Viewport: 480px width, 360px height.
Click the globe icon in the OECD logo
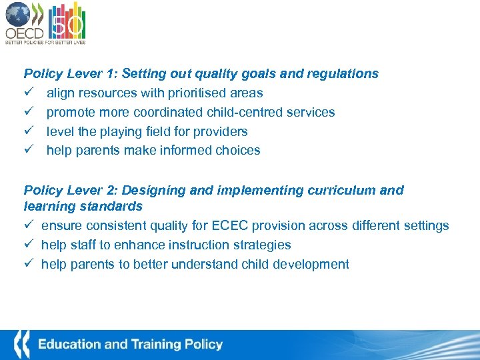(18, 15)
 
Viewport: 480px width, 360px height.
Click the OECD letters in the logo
(23, 33)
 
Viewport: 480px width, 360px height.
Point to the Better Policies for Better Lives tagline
(45, 42)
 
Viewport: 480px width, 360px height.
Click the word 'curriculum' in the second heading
(342, 191)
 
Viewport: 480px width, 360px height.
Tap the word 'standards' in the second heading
(113, 207)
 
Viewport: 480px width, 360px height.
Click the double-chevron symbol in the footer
(21, 345)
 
